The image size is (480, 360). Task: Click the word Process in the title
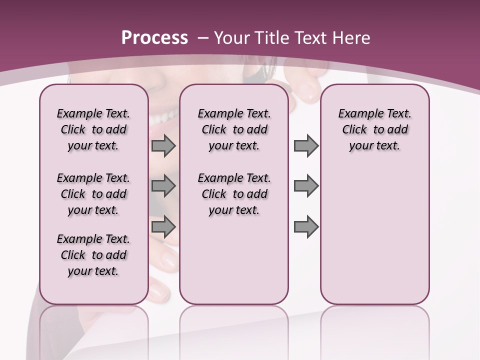(x=154, y=38)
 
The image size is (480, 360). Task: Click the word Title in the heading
(x=270, y=38)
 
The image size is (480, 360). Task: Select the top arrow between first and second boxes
(x=163, y=146)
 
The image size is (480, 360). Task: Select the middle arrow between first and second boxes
(x=163, y=186)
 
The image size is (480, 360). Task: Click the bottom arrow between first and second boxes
(x=163, y=227)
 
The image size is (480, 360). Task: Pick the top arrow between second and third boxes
(x=306, y=146)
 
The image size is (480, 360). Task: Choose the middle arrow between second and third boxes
(x=306, y=186)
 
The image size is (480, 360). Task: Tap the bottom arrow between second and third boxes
(x=306, y=227)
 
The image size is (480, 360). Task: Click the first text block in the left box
(x=93, y=129)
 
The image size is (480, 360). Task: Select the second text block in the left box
(x=93, y=194)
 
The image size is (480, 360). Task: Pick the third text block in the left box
(x=93, y=255)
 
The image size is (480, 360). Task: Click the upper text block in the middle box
(x=234, y=129)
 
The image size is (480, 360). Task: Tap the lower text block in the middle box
(x=234, y=194)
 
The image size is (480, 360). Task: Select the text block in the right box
(x=374, y=129)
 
